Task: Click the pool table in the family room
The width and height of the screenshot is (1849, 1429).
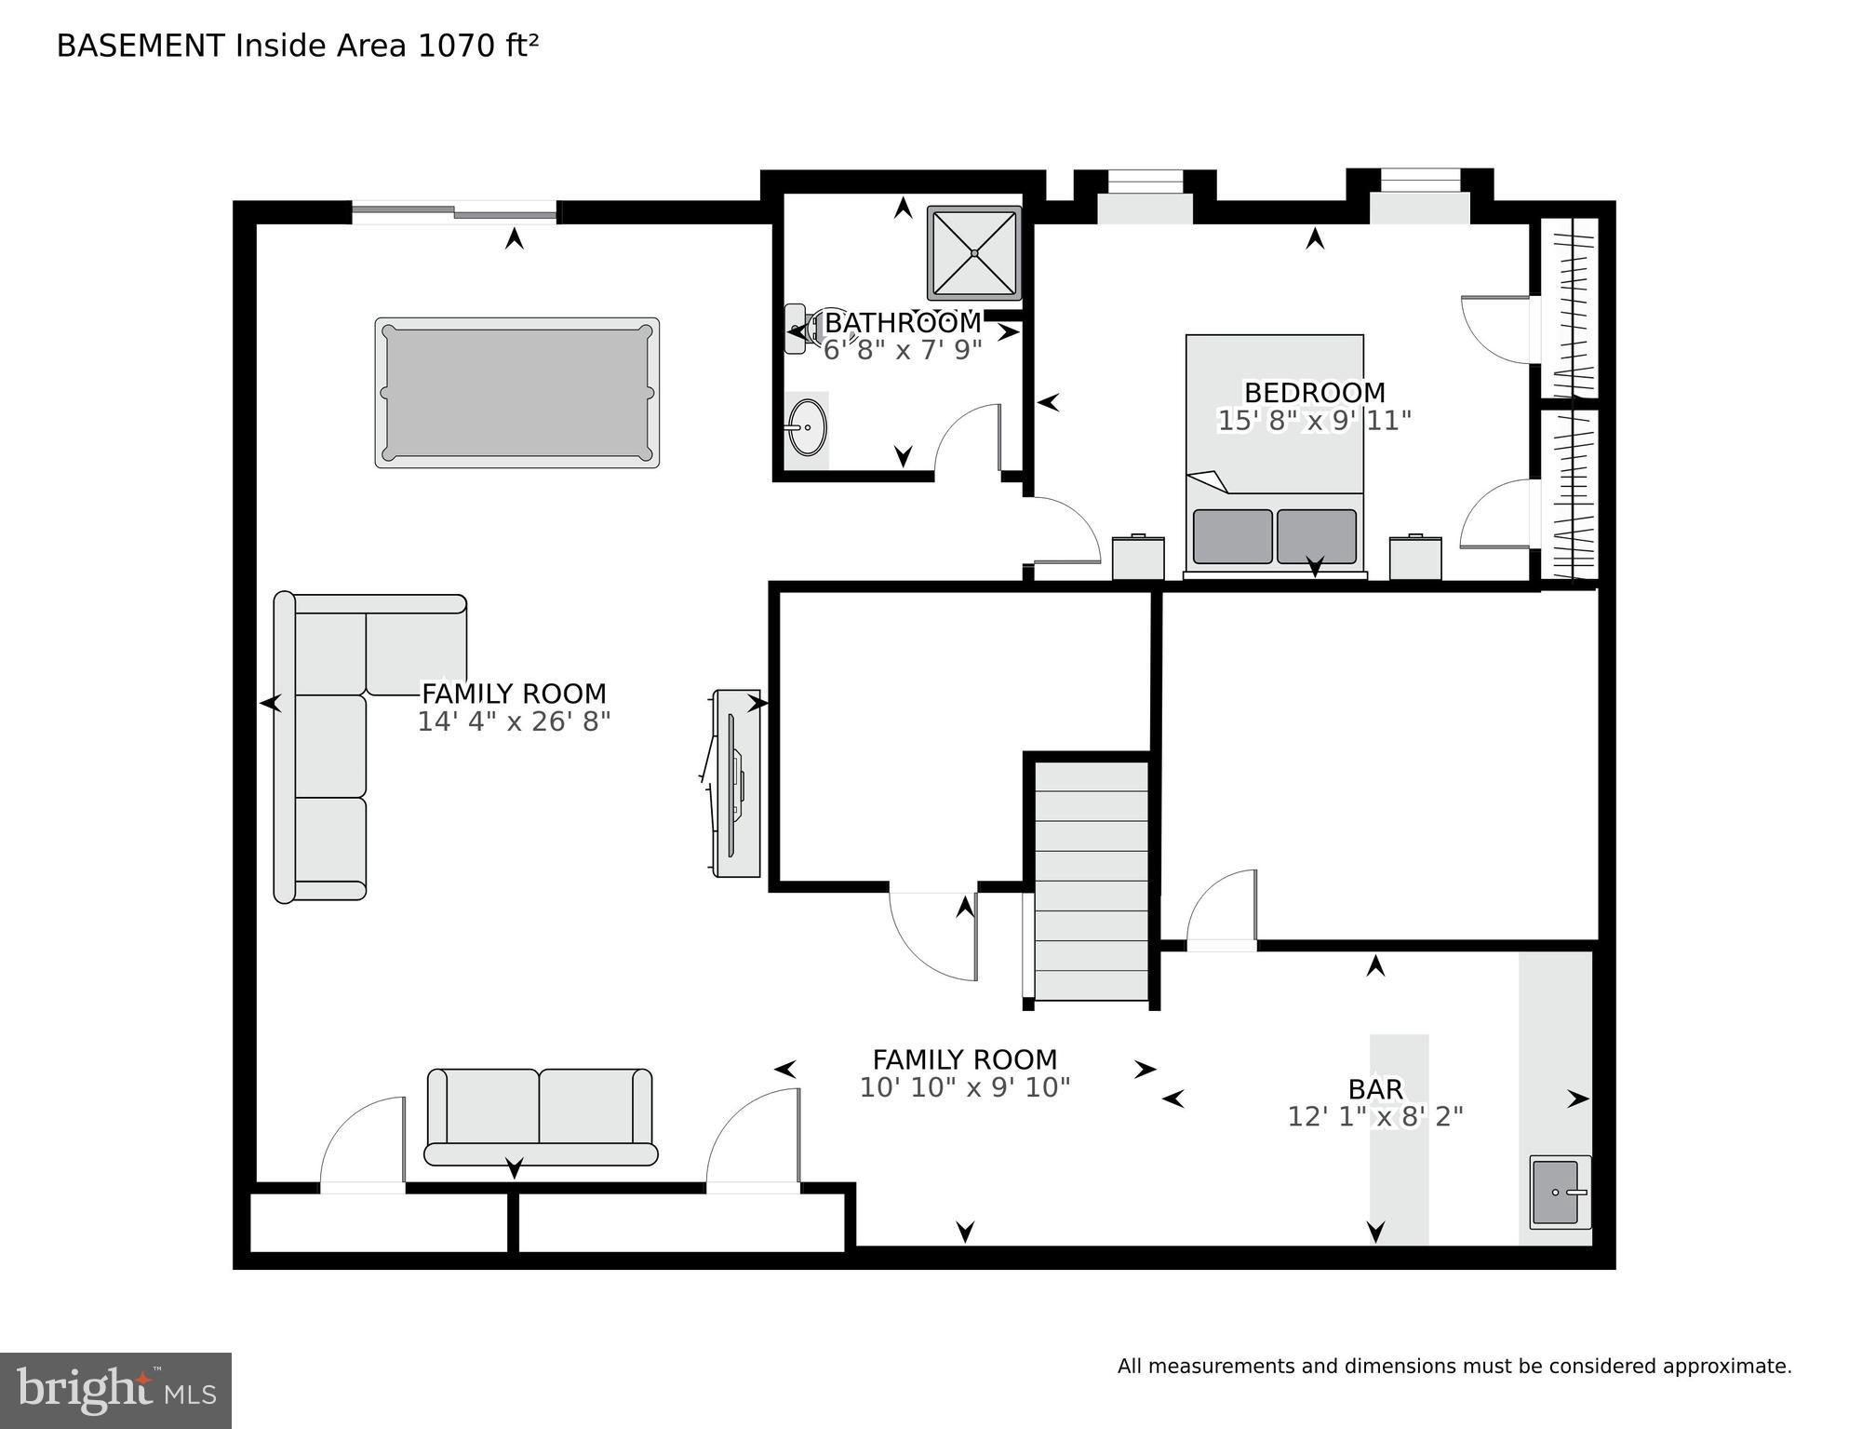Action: click(x=516, y=393)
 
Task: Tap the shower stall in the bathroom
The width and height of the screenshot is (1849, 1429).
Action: click(x=973, y=253)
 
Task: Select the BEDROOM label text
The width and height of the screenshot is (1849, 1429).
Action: click(x=1314, y=392)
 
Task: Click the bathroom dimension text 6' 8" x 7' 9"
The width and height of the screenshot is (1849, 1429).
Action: click(x=902, y=350)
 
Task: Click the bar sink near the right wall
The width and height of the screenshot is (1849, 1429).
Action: click(x=1559, y=1192)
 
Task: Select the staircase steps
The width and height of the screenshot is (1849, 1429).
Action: click(x=1091, y=881)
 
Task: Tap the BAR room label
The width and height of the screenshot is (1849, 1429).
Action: click(x=1374, y=1088)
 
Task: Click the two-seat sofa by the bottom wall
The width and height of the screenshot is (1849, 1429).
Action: click(x=540, y=1116)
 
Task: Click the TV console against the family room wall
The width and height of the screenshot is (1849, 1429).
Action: click(x=736, y=783)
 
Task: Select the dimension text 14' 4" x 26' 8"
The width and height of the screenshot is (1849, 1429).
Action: click(x=513, y=721)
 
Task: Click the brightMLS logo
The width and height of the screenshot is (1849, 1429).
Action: click(x=115, y=1390)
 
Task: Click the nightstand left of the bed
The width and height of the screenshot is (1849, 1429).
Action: click(x=1137, y=557)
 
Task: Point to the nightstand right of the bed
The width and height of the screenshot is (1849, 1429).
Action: click(x=1414, y=557)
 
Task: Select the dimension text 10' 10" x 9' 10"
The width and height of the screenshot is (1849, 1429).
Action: click(x=964, y=1087)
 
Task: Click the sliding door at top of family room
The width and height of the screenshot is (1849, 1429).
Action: click(x=454, y=213)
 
